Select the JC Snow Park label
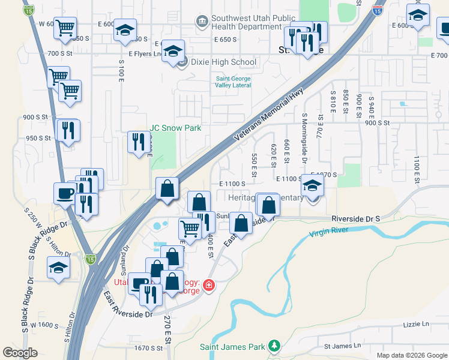point(175,128)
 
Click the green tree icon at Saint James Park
point(274,346)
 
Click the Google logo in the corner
point(20,353)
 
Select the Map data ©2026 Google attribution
point(411,355)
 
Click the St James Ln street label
point(343,346)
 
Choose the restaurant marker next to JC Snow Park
point(139,142)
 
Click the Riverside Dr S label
point(356,220)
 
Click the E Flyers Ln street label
point(146,54)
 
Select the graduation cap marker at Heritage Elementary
point(312,186)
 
